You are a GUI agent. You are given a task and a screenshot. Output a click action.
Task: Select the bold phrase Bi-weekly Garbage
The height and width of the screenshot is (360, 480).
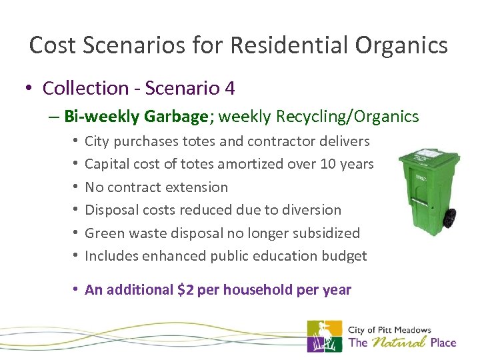[x=136, y=117]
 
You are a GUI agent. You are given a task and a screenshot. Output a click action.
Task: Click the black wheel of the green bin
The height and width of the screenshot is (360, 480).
[x=450, y=217]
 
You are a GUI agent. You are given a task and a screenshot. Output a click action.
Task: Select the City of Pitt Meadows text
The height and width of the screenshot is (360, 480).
[x=389, y=330]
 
